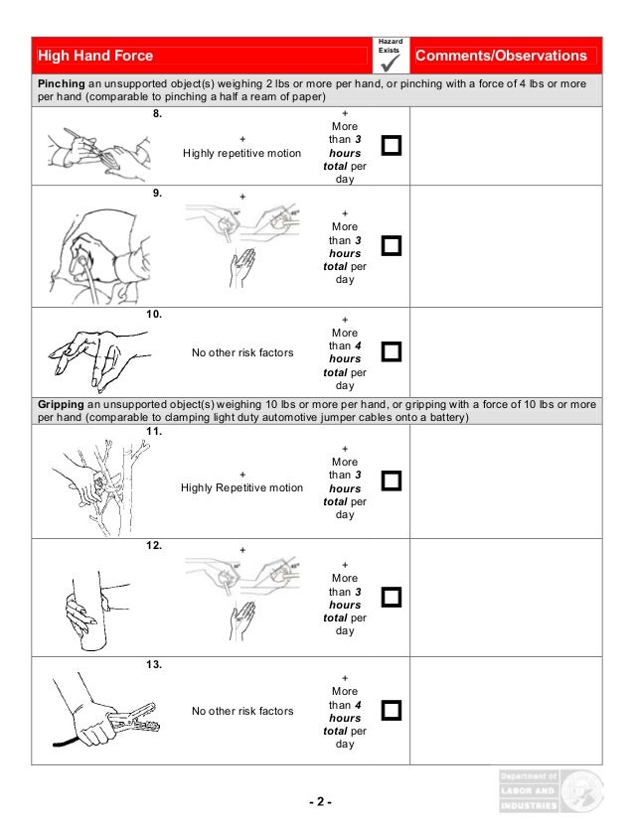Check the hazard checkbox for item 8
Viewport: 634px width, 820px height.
coord(392,147)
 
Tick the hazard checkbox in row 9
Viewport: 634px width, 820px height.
coord(392,245)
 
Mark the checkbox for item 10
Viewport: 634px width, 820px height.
coord(392,351)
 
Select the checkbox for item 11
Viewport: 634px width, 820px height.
coord(392,480)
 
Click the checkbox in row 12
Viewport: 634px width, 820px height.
coord(392,597)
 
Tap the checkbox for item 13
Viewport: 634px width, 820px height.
coord(392,710)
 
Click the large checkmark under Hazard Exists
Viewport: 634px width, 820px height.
coord(390,62)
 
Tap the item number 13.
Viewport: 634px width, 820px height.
coord(154,665)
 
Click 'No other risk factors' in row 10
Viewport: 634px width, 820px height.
coord(242,352)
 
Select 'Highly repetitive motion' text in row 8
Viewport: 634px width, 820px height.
coord(242,153)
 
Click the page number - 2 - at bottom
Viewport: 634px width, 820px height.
coord(318,801)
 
